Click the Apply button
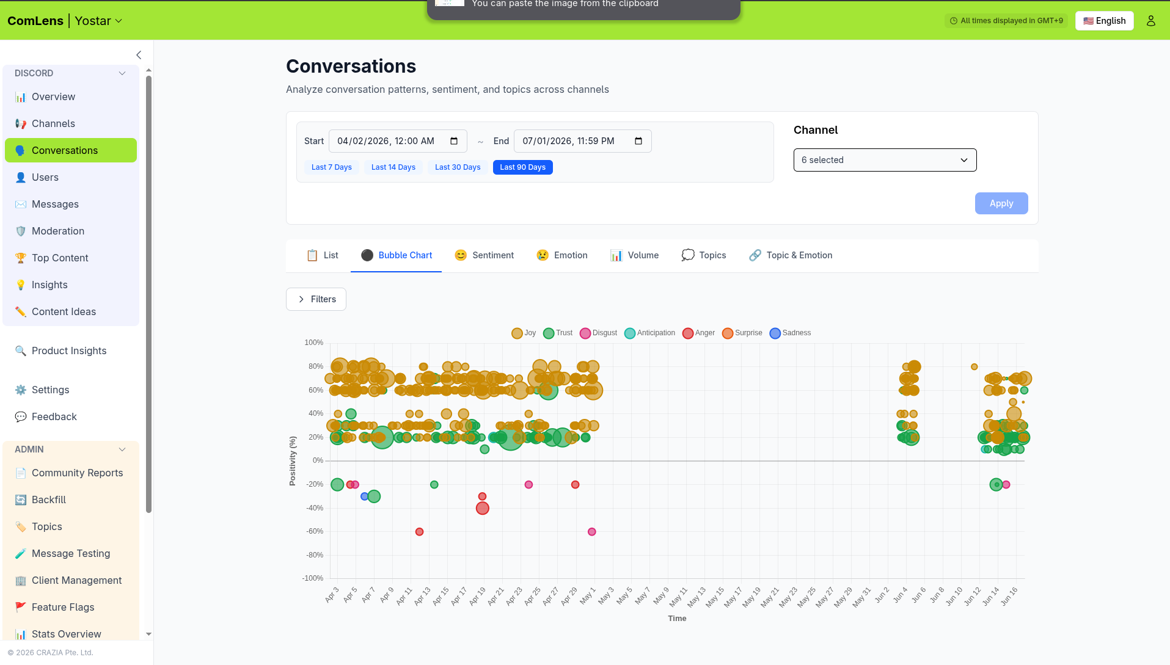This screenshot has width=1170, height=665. coord(1001,203)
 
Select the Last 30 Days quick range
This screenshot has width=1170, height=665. coord(458,167)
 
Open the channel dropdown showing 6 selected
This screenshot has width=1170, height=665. coord(885,160)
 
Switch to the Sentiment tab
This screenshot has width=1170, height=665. coord(484,255)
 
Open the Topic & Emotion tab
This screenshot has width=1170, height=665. coord(791,255)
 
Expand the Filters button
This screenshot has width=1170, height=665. coord(316,299)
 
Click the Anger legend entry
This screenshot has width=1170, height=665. coord(698,333)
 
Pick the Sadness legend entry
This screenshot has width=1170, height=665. coord(790,333)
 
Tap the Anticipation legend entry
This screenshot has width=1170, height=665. coord(649,333)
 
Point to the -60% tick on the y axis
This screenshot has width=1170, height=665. coord(315,531)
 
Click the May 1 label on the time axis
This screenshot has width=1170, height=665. coord(587,595)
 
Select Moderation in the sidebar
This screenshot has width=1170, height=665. coord(58,231)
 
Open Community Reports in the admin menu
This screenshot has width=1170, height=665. coord(77,473)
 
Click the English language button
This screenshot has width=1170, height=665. coord(1104,21)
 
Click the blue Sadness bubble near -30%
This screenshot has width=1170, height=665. coord(365,496)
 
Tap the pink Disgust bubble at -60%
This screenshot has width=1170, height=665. coord(591,532)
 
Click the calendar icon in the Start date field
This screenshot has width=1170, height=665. coord(454,141)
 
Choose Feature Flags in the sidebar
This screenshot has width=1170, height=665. coord(63,607)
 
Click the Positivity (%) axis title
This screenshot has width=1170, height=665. coord(293,461)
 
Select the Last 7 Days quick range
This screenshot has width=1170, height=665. coord(332,167)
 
